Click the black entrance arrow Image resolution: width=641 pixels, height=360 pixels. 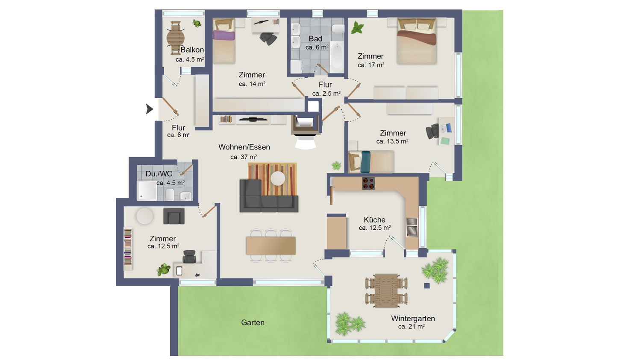coord(150,109)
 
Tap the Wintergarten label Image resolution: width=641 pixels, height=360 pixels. coord(413,318)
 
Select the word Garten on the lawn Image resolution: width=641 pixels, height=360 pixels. coord(253,322)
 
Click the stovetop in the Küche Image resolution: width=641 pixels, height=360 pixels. coord(368,183)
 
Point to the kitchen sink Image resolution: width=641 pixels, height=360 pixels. coord(412,227)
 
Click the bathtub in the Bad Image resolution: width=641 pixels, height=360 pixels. coord(337,57)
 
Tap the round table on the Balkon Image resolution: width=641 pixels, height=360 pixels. coord(175,38)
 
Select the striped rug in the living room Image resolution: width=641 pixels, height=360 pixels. coord(272,179)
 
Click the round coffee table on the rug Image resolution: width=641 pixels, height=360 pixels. coord(278,178)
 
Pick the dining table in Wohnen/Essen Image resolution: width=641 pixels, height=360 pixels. coord(271,245)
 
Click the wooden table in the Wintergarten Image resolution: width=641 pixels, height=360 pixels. coord(386,290)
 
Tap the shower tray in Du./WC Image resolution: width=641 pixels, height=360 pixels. coord(147,190)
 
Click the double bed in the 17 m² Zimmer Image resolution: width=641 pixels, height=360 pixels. coord(417,41)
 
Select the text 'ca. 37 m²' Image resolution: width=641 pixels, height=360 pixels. coord(244,157)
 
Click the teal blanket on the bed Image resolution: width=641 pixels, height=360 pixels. coord(366,162)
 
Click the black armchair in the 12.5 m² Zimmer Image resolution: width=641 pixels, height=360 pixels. coord(173,216)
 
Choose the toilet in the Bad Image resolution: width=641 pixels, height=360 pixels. coord(338,29)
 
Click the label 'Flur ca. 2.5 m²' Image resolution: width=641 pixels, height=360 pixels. coord(326,89)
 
